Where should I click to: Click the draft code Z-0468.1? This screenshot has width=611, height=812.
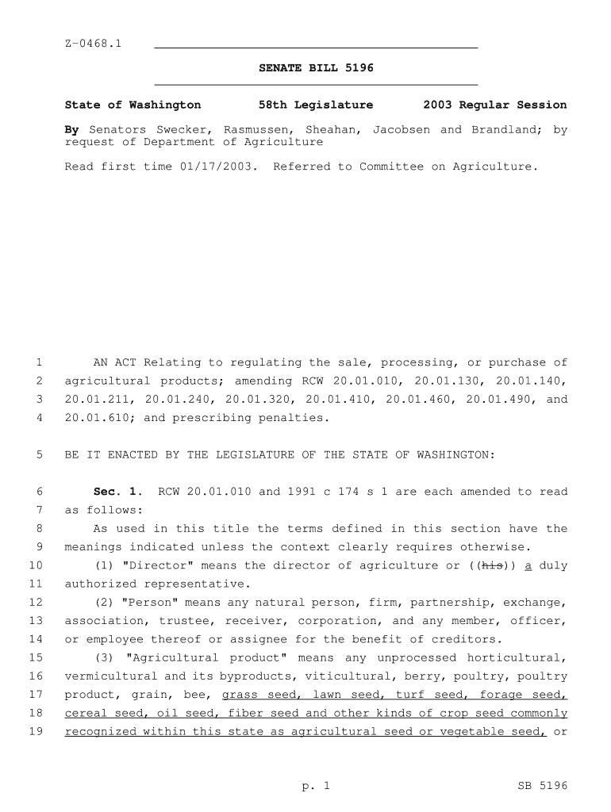coord(93,43)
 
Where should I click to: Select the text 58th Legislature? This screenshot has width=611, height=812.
coord(316,105)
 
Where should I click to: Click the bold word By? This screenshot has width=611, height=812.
coord(71,129)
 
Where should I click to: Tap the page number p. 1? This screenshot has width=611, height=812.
coord(315,786)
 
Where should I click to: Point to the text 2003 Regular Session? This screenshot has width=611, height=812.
coord(495,105)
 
